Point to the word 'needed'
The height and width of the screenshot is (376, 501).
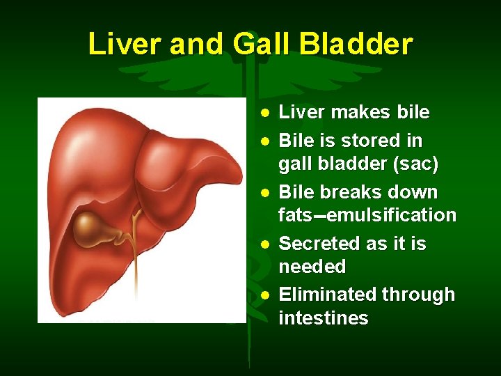pos(312,267)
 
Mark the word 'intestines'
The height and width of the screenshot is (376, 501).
pos(323,318)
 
